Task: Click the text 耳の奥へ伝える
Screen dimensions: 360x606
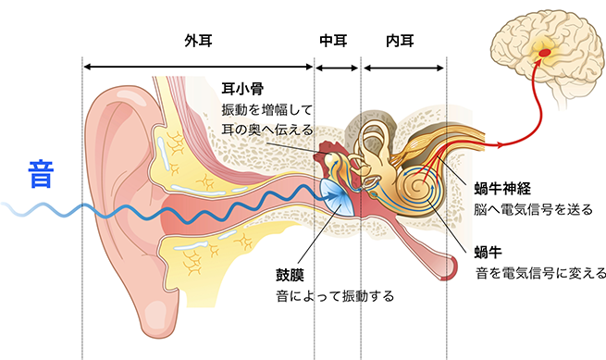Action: (x=267, y=130)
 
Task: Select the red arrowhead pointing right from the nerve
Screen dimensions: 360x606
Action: (x=502, y=145)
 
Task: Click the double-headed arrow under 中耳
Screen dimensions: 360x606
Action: (x=336, y=68)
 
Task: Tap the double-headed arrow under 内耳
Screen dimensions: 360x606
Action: (x=403, y=68)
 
